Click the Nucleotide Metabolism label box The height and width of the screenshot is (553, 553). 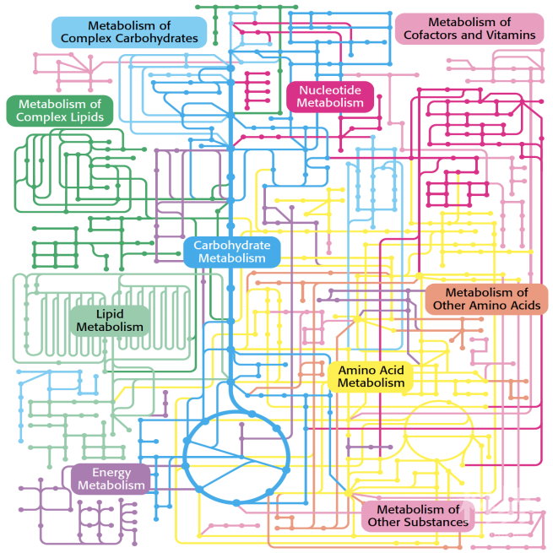[330, 96]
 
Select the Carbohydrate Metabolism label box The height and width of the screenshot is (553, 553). [232, 252]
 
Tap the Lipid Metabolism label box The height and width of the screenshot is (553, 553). [110, 320]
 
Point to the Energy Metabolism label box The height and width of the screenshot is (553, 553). [111, 479]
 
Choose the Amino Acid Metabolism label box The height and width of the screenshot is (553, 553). [371, 377]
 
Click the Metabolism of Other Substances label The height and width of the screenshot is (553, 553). [418, 516]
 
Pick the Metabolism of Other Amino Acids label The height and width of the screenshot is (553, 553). [486, 299]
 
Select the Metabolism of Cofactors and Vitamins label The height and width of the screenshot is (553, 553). [469, 29]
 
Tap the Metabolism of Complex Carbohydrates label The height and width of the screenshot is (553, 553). [130, 32]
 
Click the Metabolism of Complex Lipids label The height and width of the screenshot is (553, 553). [60, 111]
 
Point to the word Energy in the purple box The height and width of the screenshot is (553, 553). [111, 473]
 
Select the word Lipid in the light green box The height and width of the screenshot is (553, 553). [110, 313]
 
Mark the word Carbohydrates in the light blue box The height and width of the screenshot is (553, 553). [158, 39]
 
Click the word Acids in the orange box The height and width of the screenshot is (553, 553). [523, 306]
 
